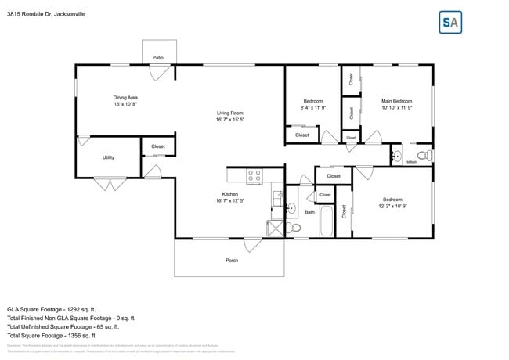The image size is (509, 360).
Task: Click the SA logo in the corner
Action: [x=449, y=23]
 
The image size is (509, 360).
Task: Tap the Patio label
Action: [x=157, y=58]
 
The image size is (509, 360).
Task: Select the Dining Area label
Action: [x=125, y=98]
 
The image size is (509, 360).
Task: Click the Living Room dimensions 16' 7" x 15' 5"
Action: [x=230, y=120]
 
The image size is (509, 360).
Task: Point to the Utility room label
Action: [x=108, y=157]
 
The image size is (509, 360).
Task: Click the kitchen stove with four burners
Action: [x=254, y=176]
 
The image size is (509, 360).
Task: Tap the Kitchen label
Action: [x=229, y=194]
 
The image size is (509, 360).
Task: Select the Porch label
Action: [x=232, y=260]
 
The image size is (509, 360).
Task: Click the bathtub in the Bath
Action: [x=326, y=220]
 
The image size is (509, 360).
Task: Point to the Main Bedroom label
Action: [x=396, y=101]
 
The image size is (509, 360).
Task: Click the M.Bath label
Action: [x=410, y=162]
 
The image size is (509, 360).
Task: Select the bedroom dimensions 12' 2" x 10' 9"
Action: [x=392, y=206]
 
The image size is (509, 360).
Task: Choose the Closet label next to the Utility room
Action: [x=157, y=146]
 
